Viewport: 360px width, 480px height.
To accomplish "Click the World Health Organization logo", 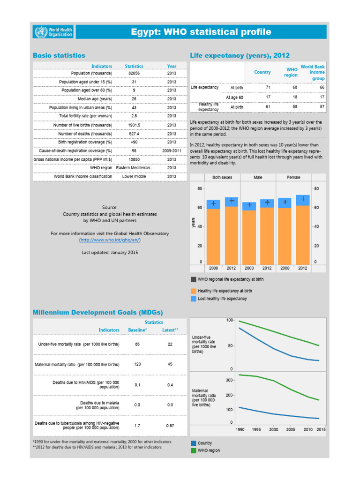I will coord(53,32).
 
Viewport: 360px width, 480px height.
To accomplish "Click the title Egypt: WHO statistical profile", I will coord(201,32).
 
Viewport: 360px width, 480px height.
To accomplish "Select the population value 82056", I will coord(134,73).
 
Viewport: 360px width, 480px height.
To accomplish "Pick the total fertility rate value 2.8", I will coord(134,116).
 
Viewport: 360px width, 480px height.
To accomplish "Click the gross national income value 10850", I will coord(134,159).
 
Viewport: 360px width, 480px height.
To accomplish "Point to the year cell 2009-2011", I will coord(172,151).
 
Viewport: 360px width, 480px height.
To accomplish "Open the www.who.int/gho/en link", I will coord(110,240).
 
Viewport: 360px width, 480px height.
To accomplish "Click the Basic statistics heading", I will coord(59,55).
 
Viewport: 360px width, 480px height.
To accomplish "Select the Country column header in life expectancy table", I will coord(262,72).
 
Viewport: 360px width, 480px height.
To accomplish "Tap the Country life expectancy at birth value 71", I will coord(268,88).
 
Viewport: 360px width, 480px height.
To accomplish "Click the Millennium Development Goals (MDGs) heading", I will coord(97,312).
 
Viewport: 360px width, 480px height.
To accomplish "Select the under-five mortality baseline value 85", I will coord(137,345).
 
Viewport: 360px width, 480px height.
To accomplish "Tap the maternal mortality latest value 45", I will coord(170,364).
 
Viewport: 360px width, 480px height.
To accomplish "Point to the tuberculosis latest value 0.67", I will coord(170,426).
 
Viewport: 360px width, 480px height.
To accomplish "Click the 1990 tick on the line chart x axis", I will coord(240,429).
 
